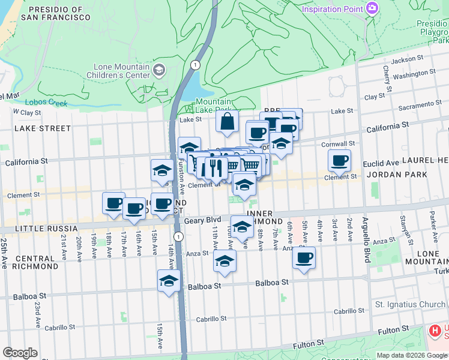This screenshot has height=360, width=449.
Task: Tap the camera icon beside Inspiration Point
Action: [372, 8]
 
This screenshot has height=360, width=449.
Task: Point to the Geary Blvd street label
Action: [203, 220]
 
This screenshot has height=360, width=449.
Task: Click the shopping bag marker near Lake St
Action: [228, 122]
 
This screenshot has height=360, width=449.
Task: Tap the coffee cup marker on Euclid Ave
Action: [339, 160]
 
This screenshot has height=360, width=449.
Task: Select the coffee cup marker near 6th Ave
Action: [304, 258]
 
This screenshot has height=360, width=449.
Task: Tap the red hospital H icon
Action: [434, 331]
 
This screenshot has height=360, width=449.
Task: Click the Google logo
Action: [20, 353]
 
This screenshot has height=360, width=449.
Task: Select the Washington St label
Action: [414, 74]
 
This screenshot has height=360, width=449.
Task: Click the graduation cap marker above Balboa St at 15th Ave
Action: [169, 281]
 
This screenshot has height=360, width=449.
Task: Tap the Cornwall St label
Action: [348, 144]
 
